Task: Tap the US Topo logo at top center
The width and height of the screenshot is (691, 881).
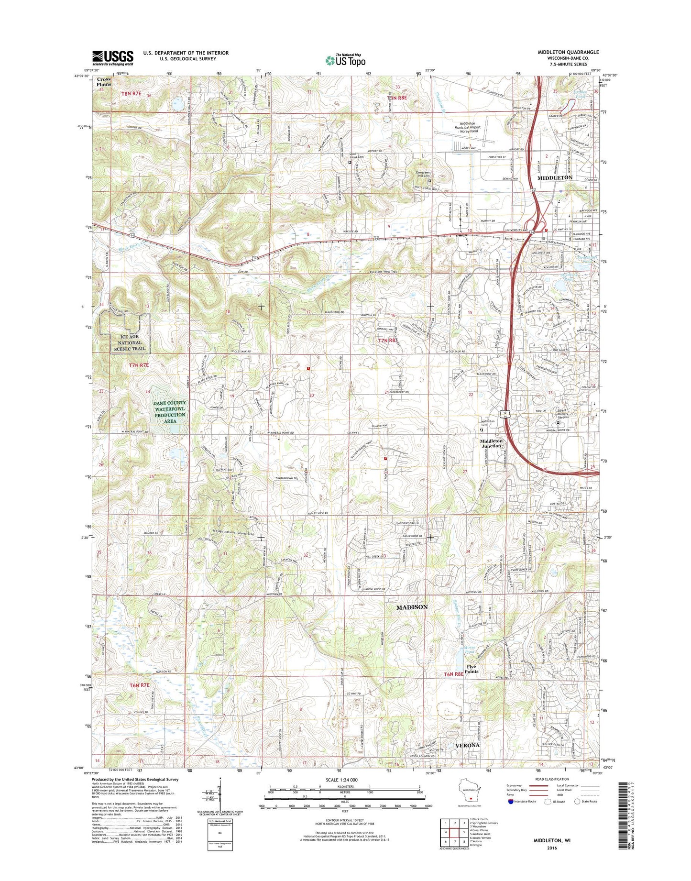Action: click(345, 60)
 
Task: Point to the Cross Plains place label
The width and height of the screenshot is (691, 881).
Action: click(104, 82)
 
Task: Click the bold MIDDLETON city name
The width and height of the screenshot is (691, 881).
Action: click(555, 177)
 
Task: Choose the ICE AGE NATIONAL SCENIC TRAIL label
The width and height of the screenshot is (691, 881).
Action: click(130, 342)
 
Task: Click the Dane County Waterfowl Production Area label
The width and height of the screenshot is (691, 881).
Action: click(170, 412)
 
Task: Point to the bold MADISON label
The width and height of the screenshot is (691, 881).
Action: click(412, 607)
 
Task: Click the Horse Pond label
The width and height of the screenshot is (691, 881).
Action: click(470, 649)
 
